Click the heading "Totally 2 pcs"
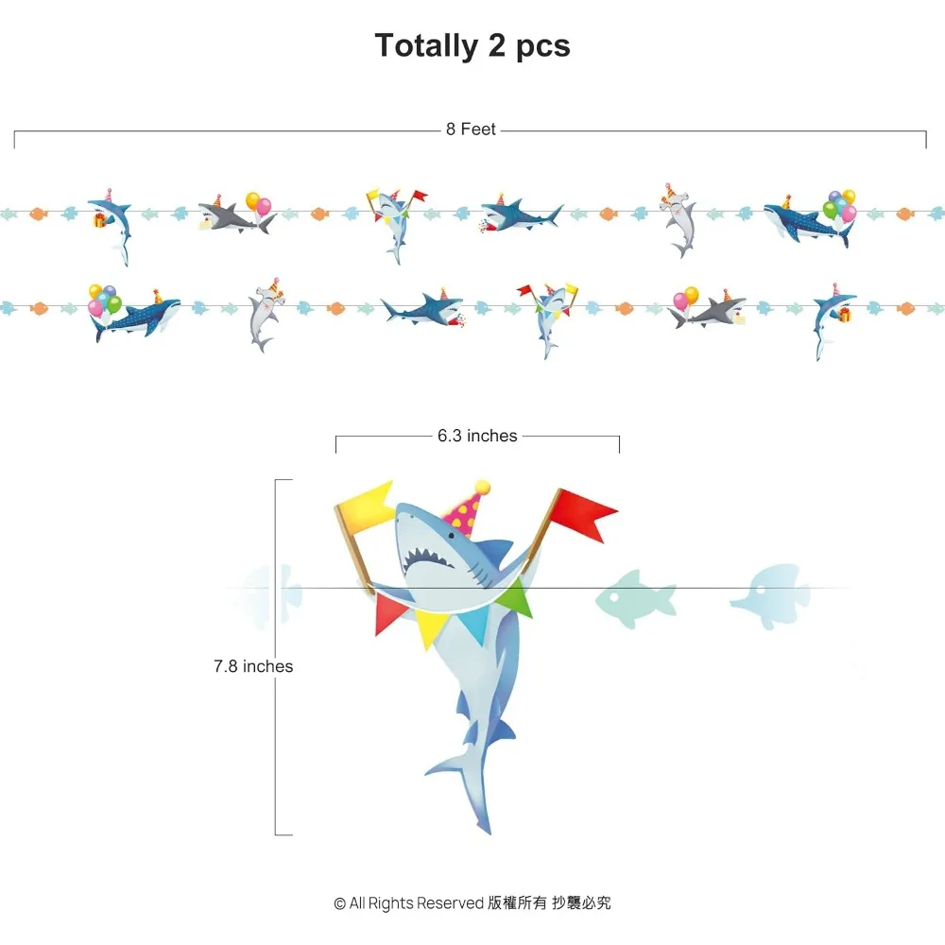(x=472, y=46)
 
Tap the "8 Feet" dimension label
(x=471, y=129)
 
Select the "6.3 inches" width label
(x=477, y=436)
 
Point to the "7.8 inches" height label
(x=253, y=666)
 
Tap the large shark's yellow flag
(x=366, y=507)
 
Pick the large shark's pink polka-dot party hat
(x=467, y=508)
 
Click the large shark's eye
(x=451, y=535)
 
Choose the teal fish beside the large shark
(x=636, y=599)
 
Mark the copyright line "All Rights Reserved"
(x=416, y=902)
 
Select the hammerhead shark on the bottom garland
(x=266, y=315)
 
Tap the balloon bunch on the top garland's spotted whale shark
(x=840, y=205)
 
